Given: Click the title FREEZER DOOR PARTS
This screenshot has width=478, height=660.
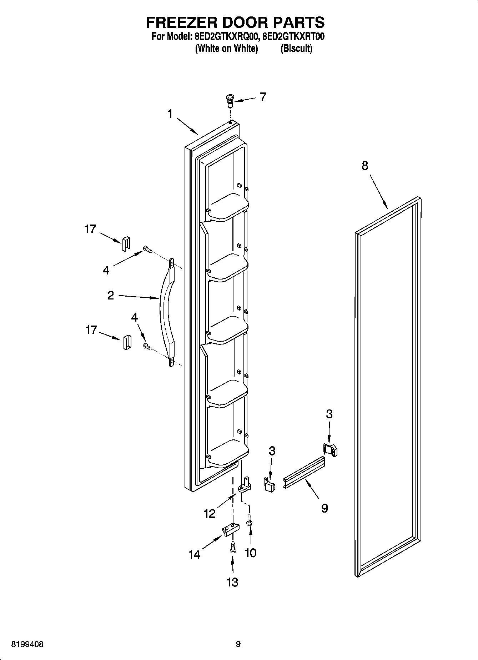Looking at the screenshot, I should point(235,22).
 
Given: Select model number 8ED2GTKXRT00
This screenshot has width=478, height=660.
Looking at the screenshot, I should point(293,37).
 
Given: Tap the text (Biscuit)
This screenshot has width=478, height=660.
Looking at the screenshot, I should point(296,49).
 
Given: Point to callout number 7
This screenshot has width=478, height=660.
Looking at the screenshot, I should point(263,97).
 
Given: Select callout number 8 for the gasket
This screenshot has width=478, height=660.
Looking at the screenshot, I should point(364,166).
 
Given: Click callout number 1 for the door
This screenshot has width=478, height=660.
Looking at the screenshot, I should point(170,114).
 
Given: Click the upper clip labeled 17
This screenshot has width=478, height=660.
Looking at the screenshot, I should point(126,244).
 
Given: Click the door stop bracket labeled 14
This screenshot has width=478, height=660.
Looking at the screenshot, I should point(228,530).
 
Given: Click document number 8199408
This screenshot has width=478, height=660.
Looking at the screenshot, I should point(28,644).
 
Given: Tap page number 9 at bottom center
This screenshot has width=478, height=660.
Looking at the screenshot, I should point(238,644).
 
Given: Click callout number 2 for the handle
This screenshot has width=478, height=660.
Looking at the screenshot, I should point(111,295).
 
